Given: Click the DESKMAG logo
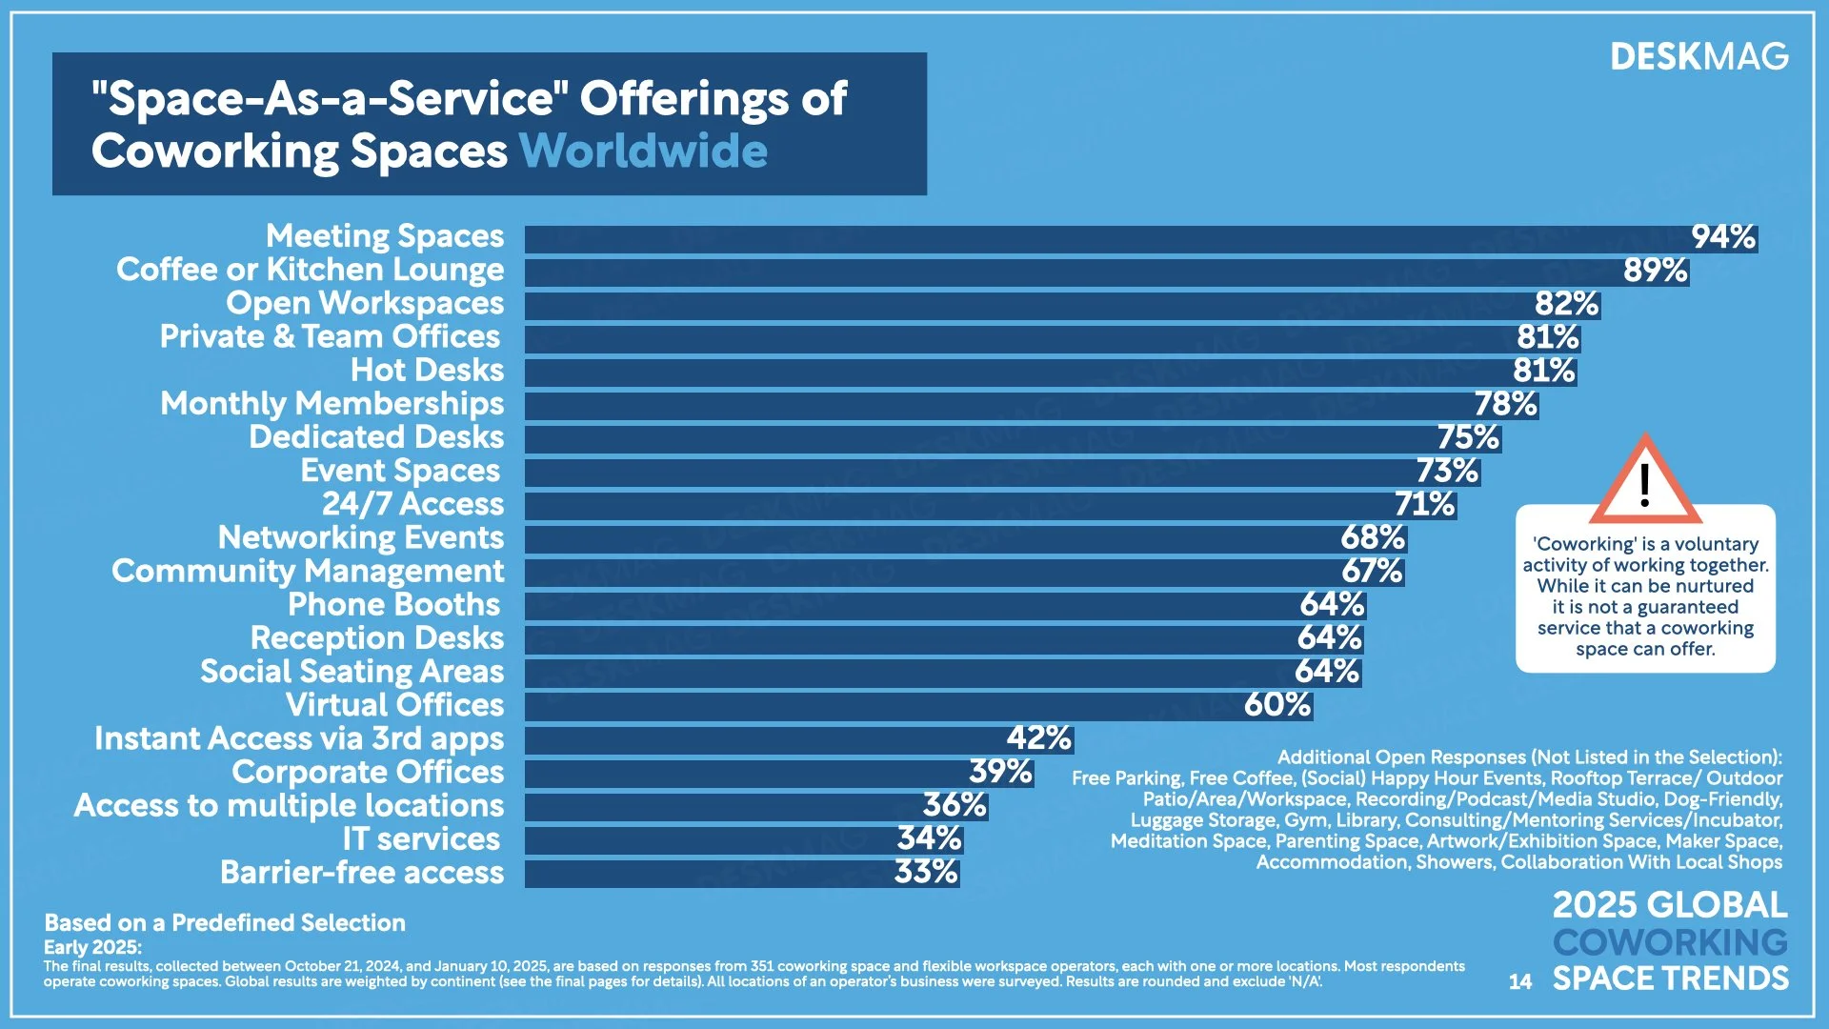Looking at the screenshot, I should coord(1698,57).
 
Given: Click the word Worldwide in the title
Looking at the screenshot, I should coord(643,151).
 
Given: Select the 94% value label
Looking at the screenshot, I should coord(1722,237).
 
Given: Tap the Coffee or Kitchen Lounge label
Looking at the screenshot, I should coord(310,270).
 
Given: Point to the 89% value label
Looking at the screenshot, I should coord(1655,271).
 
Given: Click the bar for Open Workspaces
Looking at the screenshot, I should coord(1029,305).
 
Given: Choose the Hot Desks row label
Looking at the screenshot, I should coord(427,370).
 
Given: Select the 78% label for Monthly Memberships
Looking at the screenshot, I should coord(1505,404).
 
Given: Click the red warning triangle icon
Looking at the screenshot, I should coord(1644,482).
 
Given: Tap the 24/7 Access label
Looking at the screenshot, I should coord(412,504).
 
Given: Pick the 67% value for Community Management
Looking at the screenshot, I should coord(1372,572).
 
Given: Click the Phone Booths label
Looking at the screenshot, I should coord(393,605).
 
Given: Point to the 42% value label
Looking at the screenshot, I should coord(1038,738).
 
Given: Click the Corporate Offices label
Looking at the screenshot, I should coord(368,772).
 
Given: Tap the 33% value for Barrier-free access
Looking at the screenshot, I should coord(925,873).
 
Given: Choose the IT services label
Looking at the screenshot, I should coord(421,839).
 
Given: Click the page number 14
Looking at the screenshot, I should coord(1520,981).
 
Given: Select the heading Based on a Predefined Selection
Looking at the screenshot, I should coord(225,922).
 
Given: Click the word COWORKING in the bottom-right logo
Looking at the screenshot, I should coord(1670,942).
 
